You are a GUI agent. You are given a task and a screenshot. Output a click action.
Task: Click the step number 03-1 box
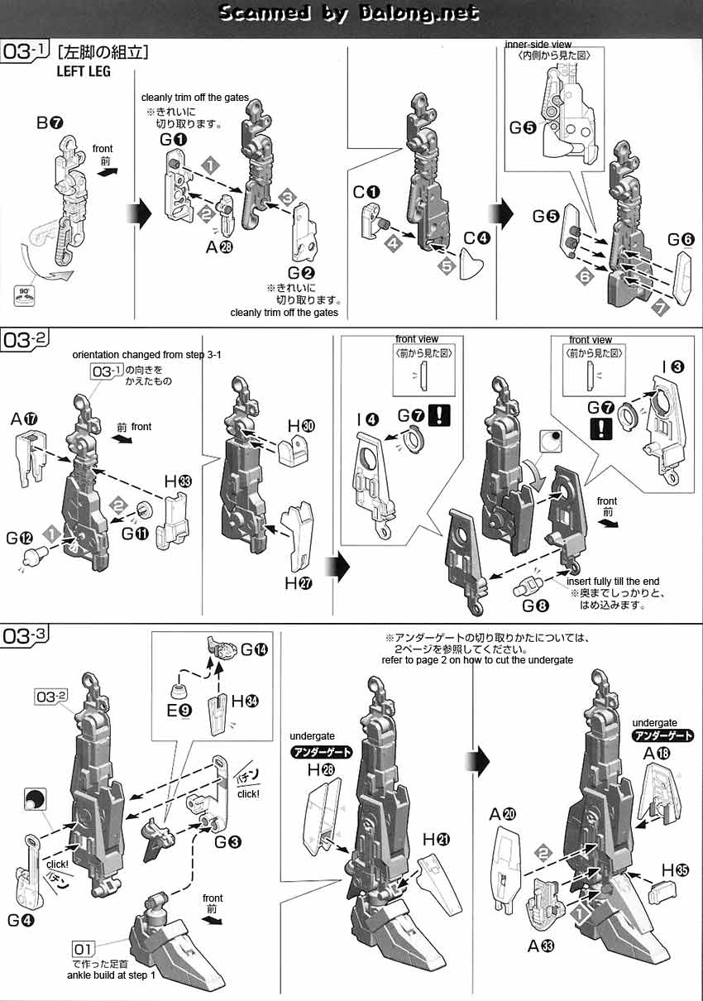tap(24, 52)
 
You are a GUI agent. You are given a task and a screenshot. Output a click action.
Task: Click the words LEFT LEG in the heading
tap(84, 71)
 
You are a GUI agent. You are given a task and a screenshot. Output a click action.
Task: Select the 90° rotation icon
tap(25, 296)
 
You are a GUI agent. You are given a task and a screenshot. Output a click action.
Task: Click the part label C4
tap(476, 238)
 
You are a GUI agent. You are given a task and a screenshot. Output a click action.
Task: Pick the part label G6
tap(681, 240)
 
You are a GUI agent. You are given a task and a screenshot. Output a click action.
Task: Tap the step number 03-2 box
tap(24, 339)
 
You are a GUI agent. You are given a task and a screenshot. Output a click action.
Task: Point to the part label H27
tap(298, 583)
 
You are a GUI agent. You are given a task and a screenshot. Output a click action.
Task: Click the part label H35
tap(675, 869)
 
